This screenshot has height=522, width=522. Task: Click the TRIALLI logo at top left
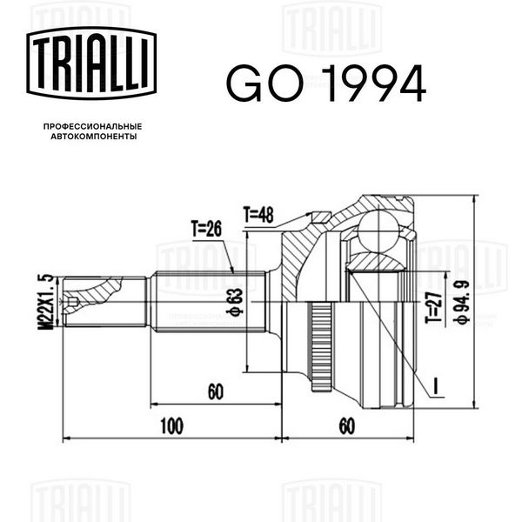pos(91,64)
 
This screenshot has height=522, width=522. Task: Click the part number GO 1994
pos(326,84)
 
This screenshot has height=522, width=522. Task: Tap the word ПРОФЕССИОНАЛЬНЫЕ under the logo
pos(93,126)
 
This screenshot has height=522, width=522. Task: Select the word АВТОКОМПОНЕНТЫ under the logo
pos(94,137)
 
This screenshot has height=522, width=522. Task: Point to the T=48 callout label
pos(258,215)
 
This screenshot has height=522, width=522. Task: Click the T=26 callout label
pos(206,228)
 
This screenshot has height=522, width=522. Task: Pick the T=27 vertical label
pos(434,308)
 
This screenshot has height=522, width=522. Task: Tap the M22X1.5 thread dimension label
pos(45,302)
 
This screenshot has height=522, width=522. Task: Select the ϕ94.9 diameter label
pos(461,302)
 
